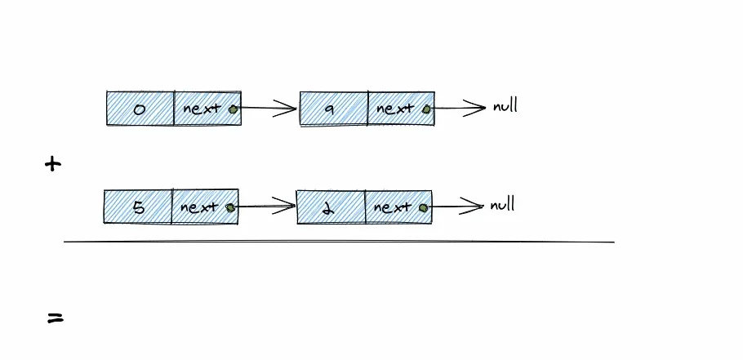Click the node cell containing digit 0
[140, 108]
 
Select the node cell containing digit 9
[334, 108]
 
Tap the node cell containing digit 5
[138, 207]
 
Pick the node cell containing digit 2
[331, 207]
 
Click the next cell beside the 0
[207, 108]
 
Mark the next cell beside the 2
[397, 207]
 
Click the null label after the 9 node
[505, 106]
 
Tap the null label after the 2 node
[502, 205]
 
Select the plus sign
[53, 164]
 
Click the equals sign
[55, 318]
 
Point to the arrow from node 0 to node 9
[268, 108]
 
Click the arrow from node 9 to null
[459, 107]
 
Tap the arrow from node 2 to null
[456, 207]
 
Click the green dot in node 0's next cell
[233, 108]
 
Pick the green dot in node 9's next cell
[426, 108]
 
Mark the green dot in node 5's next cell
[230, 207]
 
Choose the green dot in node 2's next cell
[423, 207]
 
